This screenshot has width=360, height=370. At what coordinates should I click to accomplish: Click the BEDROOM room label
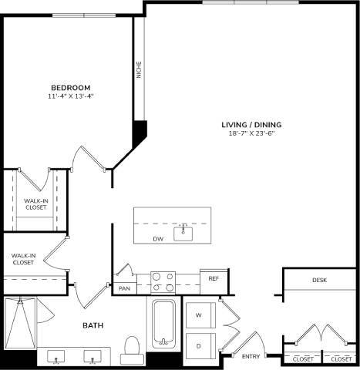(x=71, y=87)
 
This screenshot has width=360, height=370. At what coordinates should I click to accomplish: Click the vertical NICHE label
(x=139, y=70)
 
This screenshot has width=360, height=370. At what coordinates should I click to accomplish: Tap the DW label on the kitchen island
(x=157, y=239)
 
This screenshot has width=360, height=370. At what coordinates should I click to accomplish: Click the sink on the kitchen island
(x=183, y=232)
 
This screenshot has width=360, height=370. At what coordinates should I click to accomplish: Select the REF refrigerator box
(x=212, y=278)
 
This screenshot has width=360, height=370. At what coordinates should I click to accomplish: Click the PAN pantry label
(x=124, y=288)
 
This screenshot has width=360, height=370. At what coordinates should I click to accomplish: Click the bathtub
(x=163, y=324)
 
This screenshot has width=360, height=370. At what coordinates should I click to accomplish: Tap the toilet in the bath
(x=132, y=348)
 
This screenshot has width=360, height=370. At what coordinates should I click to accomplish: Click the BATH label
(x=93, y=326)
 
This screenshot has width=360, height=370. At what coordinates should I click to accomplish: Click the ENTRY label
(x=251, y=356)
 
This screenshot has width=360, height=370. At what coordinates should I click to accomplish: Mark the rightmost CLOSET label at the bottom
(x=341, y=359)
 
